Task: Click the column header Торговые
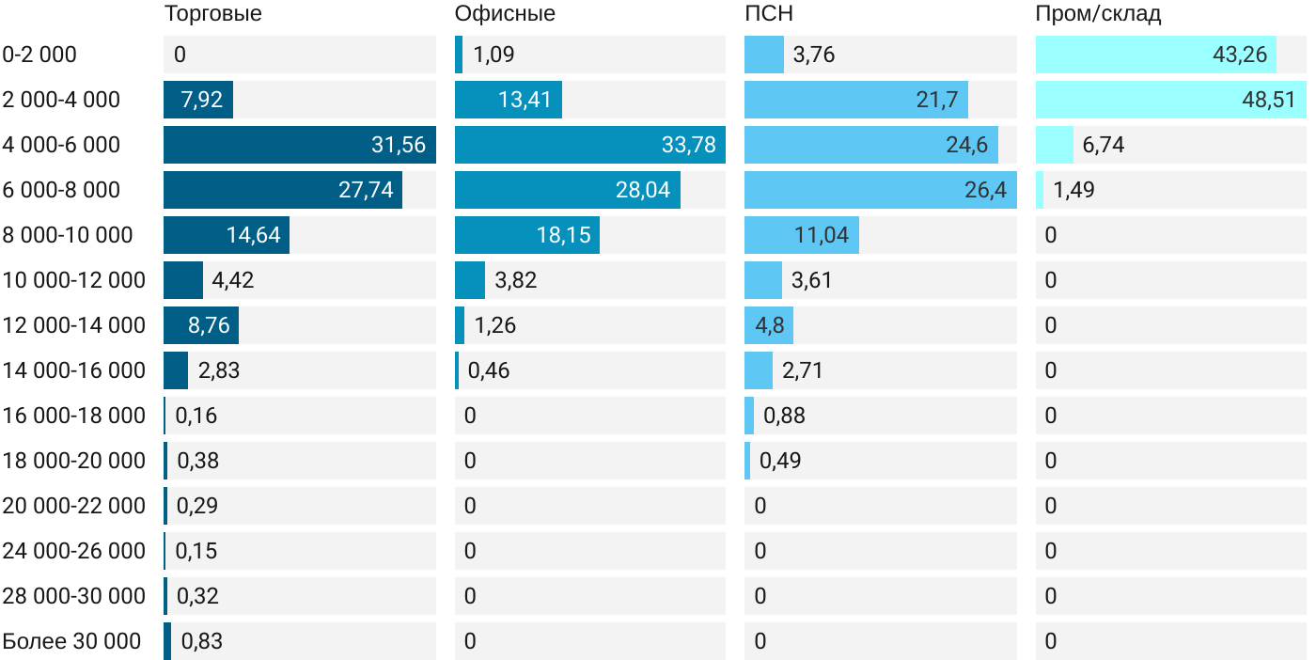[212, 14]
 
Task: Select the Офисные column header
[505, 14]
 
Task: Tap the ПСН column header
[768, 14]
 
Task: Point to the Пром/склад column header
[1098, 14]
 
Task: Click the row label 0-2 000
[39, 55]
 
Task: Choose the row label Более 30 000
[71, 641]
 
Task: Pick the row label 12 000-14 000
[74, 325]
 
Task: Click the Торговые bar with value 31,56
[299, 145]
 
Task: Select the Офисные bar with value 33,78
[589, 145]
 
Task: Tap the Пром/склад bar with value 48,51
[1170, 100]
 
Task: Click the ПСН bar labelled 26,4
[880, 190]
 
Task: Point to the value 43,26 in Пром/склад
[1240, 55]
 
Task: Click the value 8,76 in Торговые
[209, 325]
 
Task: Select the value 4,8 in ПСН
[769, 325]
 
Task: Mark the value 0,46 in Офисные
[489, 370]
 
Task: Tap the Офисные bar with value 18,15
[526, 235]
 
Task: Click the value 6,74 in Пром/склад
[1104, 145]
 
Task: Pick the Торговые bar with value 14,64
[226, 235]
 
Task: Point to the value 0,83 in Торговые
[201, 641]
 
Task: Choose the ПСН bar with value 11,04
[801, 235]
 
